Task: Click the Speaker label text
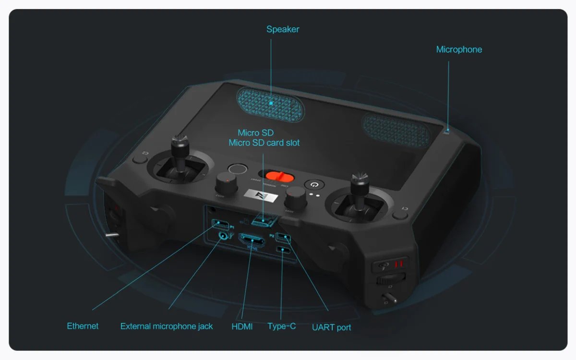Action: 283,29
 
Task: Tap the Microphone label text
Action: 459,49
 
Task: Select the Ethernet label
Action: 83,326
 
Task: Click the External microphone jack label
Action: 167,326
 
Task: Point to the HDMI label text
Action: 242,326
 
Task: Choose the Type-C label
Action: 282,326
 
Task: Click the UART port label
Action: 331,327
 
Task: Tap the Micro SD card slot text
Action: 264,143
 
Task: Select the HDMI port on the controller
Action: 252,240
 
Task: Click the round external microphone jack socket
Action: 223,235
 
